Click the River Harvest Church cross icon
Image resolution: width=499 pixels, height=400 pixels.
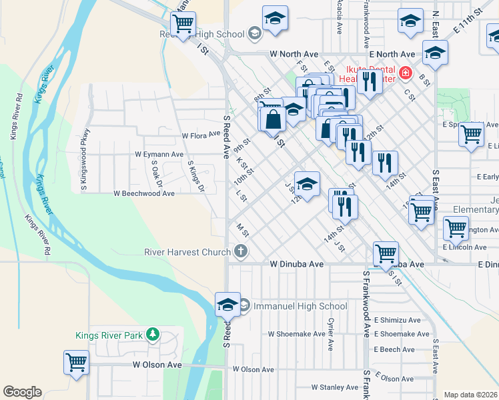pos(241,251)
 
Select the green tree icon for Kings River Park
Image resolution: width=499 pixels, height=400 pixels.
pos(153,334)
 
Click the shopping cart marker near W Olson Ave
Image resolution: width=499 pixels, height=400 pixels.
pos(76,363)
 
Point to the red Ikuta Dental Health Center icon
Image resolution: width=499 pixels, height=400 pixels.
pos(404,72)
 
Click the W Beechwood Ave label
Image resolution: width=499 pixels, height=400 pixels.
pos(143,193)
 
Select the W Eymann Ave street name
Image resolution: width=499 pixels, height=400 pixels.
pos(159,154)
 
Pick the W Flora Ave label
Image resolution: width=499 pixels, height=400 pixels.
pos(201,135)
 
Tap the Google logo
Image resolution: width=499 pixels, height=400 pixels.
pos(22,392)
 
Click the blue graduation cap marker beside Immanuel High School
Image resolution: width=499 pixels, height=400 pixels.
pos(227,304)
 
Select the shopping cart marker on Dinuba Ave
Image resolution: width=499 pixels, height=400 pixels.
pos(386,253)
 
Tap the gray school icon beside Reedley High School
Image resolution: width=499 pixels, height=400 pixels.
pos(254,33)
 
